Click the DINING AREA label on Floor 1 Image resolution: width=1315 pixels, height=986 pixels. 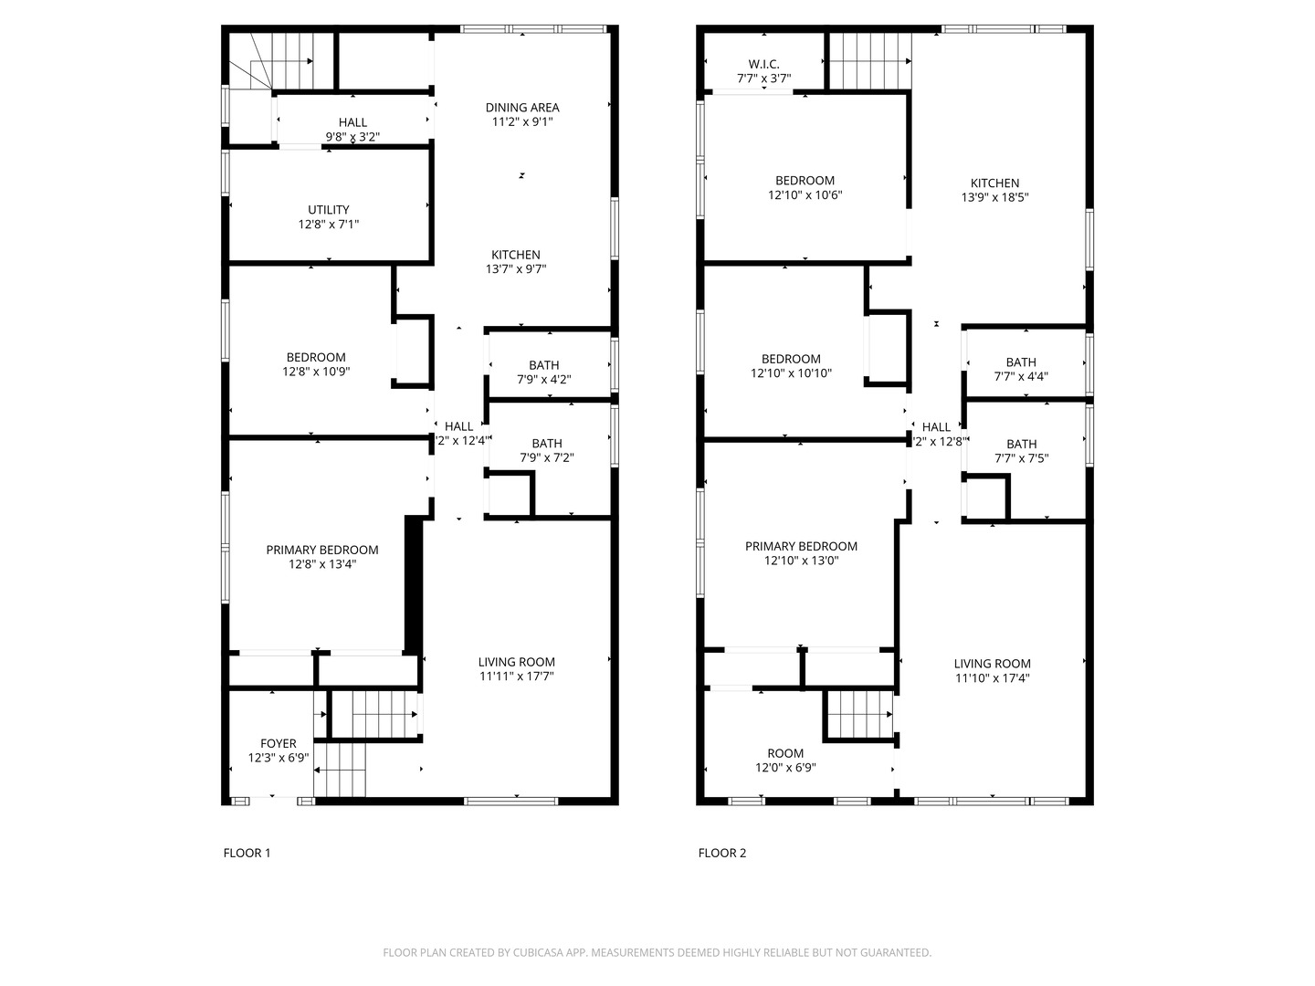[x=521, y=108]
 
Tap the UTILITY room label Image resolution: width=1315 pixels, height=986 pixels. [x=328, y=210]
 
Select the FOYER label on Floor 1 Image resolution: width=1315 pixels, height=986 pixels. [x=278, y=744]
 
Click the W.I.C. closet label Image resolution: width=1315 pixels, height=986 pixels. [x=763, y=64]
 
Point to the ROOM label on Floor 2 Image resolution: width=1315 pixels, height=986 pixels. [x=785, y=754]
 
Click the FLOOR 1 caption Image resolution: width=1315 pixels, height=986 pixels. [x=247, y=854]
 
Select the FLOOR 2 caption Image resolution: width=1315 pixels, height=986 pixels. [x=721, y=854]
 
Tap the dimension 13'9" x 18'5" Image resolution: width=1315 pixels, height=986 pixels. [x=994, y=197]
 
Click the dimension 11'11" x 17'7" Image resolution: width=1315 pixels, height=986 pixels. [x=516, y=677]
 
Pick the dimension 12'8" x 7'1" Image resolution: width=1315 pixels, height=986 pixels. [x=328, y=225]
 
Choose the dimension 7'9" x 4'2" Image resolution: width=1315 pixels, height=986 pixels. [x=544, y=380]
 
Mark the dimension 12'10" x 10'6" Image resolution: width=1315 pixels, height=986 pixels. [x=805, y=195]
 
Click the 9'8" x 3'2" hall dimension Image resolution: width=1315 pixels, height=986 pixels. [x=352, y=137]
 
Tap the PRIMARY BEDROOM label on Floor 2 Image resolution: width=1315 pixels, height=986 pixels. [x=801, y=547]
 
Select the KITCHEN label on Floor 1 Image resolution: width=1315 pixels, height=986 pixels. [x=516, y=255]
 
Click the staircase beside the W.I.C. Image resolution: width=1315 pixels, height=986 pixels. [x=869, y=62]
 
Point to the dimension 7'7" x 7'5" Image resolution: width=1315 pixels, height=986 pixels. [x=1021, y=459]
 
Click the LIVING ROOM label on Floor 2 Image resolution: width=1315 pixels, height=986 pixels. [x=992, y=664]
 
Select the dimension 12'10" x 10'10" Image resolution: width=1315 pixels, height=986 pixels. [x=791, y=373]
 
